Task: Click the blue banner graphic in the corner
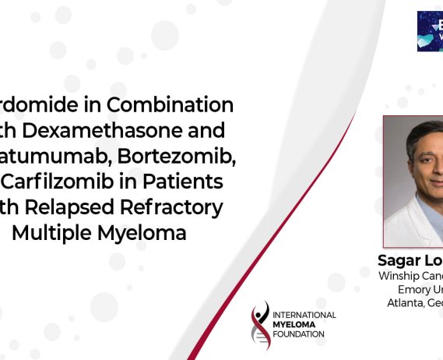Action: coord(429,31)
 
